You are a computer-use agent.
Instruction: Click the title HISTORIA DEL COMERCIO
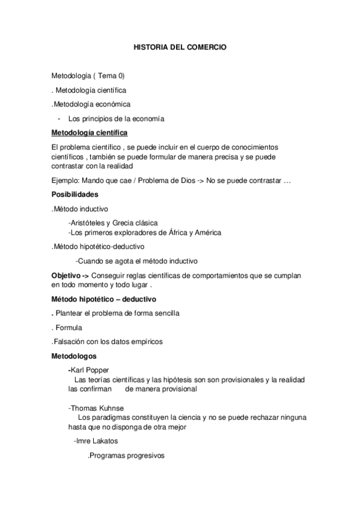click(x=180, y=46)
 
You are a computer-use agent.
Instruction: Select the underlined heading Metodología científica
click(x=89, y=133)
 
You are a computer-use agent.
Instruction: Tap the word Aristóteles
click(x=91, y=223)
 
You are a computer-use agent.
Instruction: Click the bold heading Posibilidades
click(x=75, y=194)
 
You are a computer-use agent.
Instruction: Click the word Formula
click(x=69, y=328)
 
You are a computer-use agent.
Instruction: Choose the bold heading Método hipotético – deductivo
click(x=104, y=298)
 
